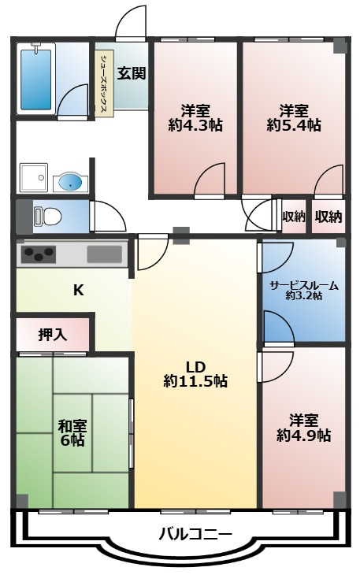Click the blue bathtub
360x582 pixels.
coord(36,80)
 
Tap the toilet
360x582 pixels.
coord(47,216)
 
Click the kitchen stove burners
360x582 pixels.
coord(39,254)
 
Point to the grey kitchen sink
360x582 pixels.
coord(105,254)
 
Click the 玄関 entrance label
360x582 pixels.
coord(132,73)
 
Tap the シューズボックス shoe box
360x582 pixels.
coord(104,84)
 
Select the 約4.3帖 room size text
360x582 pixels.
coord(195,126)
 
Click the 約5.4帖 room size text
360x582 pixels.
coord(294,126)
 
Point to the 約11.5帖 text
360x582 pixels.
coord(195,381)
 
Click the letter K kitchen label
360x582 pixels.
coord(78,291)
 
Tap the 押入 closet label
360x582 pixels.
coord(53,335)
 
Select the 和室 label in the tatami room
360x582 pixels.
coord(72,426)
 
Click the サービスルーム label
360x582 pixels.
coord(304,285)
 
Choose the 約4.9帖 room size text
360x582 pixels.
coord(304,436)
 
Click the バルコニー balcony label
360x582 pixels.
coord(195,535)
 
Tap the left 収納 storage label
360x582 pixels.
coord(294,217)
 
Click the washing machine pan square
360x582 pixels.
coord(32,177)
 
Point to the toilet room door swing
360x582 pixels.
coord(109,217)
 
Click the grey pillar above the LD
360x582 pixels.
coord(181,235)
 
